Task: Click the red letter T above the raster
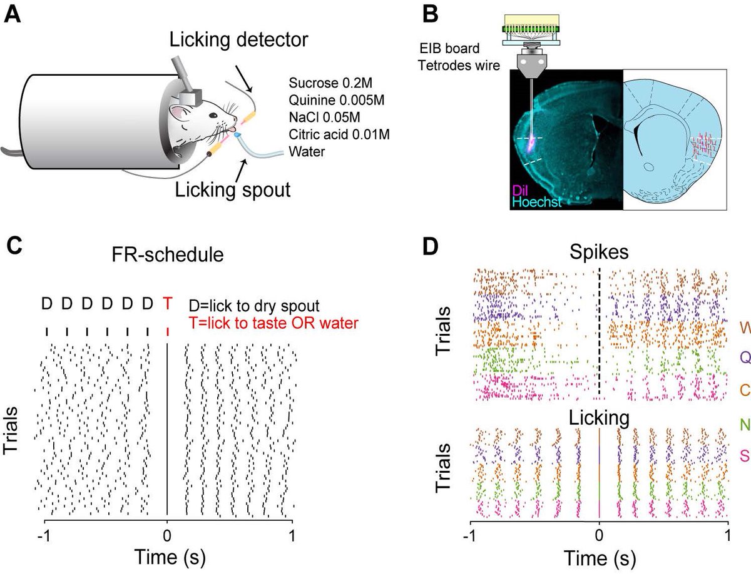(x=167, y=304)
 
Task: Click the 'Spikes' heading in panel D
(x=599, y=251)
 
